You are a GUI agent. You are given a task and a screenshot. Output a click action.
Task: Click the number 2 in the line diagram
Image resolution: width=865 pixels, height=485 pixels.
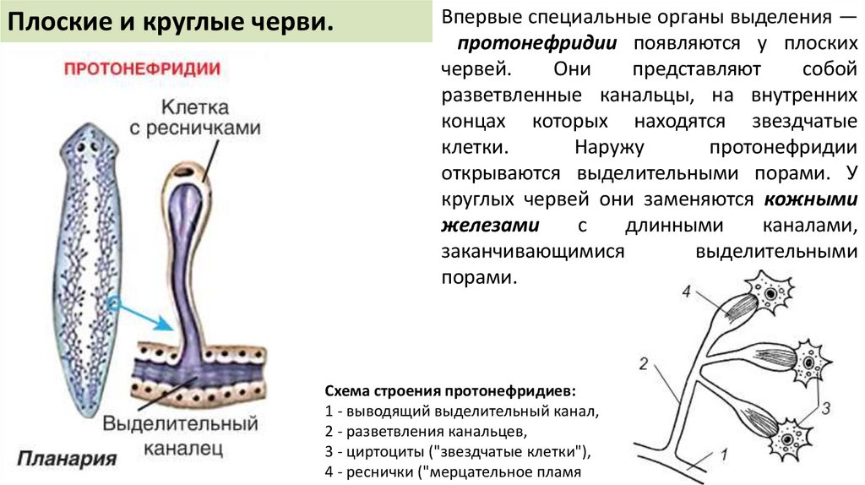[644, 365]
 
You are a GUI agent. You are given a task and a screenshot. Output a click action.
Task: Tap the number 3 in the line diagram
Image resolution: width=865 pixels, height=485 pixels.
[826, 407]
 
